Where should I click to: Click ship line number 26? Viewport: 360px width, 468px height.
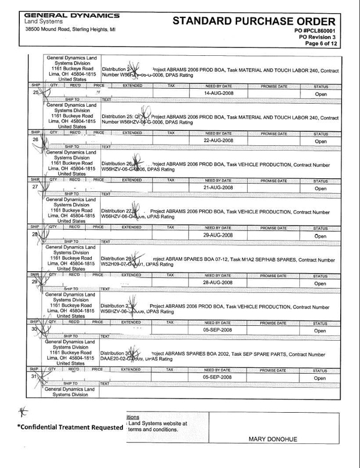coord(35,140)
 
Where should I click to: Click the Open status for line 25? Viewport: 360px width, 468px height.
coord(320,94)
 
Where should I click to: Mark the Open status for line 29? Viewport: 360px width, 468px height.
coord(320,283)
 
